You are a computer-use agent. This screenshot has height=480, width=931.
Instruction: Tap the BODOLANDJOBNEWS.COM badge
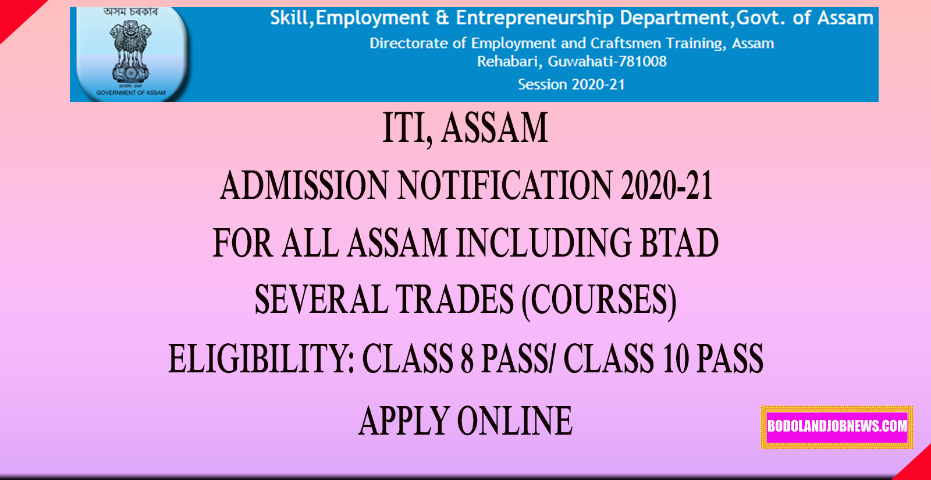837,426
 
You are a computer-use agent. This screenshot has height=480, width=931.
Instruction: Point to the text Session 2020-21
571,84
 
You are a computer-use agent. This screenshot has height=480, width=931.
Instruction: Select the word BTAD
679,243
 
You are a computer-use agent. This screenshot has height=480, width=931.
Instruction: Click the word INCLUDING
543,243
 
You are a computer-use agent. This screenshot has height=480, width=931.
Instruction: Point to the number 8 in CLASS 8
467,359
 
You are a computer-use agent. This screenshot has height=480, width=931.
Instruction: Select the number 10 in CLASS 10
676,359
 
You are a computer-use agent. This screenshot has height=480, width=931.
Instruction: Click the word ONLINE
514,421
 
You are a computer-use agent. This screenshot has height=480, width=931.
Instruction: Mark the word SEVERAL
321,300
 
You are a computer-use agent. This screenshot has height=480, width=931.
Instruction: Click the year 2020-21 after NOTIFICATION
667,186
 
